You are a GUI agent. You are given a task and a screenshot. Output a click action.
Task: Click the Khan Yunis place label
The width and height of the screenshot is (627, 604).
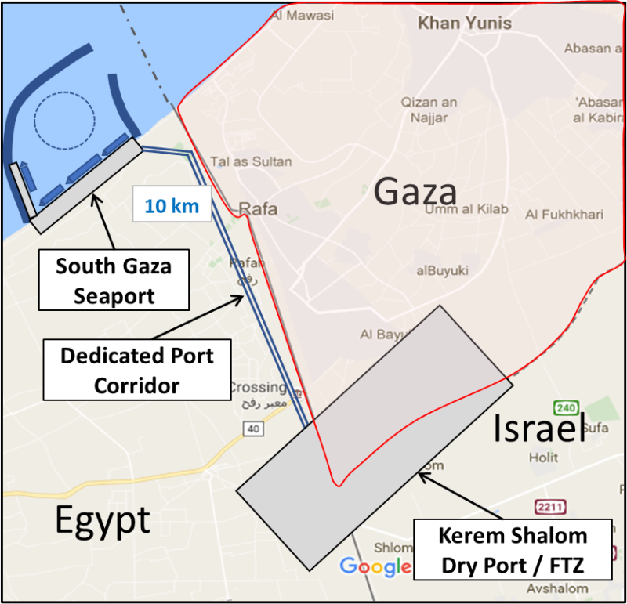(x=464, y=23)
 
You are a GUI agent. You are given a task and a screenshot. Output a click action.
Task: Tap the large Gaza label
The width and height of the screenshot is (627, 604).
(x=415, y=191)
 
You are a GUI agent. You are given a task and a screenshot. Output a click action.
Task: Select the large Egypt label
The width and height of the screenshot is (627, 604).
(x=103, y=519)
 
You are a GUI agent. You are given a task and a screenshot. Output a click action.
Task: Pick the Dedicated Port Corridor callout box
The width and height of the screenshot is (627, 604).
(x=137, y=371)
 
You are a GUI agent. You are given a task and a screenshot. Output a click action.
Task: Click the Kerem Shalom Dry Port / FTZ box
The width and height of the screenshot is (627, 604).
(x=513, y=549)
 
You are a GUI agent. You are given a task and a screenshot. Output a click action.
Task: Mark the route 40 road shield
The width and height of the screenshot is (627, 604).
(x=252, y=429)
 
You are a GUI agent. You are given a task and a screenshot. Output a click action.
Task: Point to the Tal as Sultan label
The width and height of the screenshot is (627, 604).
(x=251, y=162)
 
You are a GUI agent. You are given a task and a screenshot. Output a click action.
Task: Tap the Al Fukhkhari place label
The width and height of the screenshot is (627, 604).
(x=561, y=214)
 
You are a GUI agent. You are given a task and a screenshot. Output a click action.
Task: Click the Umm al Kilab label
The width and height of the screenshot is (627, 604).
(x=466, y=209)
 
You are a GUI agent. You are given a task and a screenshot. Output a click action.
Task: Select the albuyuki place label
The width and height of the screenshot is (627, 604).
(x=442, y=270)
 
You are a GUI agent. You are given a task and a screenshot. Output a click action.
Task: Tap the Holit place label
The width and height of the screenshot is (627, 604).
(x=544, y=457)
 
